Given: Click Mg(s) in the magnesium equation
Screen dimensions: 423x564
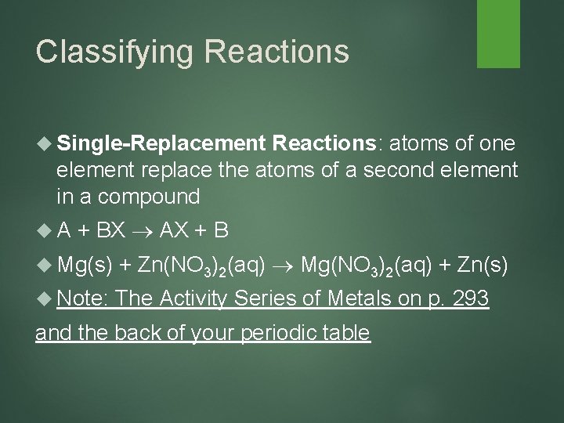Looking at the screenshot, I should click(85, 266).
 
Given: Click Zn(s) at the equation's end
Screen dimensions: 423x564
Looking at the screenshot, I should click(479, 266).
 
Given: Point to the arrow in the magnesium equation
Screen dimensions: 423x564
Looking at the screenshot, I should click(287, 266).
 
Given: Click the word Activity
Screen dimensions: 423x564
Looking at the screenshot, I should click(193, 298).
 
